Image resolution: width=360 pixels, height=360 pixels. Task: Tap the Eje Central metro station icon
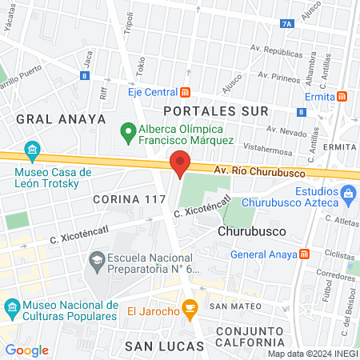[186, 91]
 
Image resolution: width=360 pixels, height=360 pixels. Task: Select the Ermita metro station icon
[342, 96]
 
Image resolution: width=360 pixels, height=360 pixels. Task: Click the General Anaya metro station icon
[304, 255]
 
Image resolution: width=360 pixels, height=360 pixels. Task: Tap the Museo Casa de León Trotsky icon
[32, 150]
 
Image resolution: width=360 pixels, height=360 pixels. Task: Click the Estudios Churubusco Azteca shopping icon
[348, 193]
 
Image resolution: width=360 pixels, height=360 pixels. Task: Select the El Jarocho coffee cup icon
[190, 307]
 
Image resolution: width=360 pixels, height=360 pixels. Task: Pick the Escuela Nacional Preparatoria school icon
[97, 260]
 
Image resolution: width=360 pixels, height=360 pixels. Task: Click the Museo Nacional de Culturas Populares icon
[12, 307]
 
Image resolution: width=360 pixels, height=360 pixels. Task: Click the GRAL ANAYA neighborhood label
[61, 118]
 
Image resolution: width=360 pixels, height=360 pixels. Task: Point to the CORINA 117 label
[128, 198]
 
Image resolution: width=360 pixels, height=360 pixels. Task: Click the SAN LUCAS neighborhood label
[157, 345]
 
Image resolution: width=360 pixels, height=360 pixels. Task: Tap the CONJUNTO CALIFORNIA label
[247, 337]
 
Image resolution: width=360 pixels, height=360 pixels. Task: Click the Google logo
[27, 350]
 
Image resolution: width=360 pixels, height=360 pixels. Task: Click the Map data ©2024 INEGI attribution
[312, 354]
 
